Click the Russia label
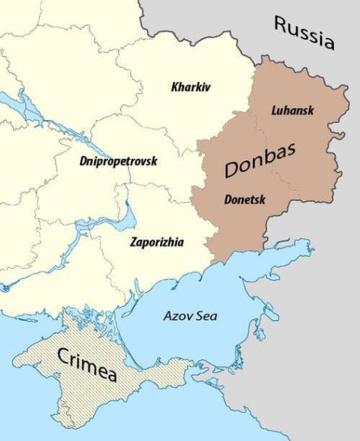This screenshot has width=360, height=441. point(304,33)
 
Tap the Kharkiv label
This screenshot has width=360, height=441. point(190,87)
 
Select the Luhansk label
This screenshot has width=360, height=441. point(292,110)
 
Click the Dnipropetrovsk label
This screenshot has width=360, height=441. point(117,160)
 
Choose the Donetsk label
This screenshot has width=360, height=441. point(245,199)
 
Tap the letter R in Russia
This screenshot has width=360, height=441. point(281,26)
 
